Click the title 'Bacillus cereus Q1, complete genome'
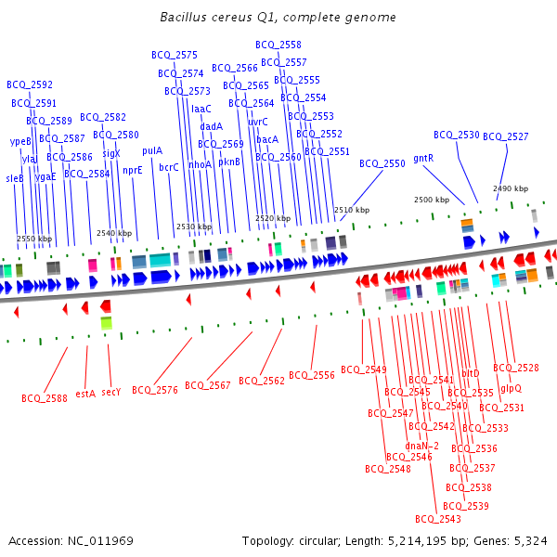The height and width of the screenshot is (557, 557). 278,18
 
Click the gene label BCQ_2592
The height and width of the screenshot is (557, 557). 30,84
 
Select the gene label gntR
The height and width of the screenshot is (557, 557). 423,158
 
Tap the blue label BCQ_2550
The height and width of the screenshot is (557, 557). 382,163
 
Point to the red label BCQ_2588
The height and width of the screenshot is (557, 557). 45,398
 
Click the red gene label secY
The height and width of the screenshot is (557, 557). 111,393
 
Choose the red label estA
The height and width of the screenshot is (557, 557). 85,393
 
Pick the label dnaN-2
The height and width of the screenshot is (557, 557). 422,445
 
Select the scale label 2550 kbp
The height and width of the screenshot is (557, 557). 34,240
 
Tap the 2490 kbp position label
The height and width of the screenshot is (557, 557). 510,188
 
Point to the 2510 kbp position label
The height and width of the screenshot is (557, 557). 352,210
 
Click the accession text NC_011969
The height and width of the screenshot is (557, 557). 101,540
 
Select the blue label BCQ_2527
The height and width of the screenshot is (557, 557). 505,136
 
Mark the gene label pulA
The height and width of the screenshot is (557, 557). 152,149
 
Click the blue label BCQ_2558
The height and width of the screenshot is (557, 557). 278,45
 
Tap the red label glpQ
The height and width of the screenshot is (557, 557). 511,388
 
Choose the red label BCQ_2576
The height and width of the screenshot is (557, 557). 154,390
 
